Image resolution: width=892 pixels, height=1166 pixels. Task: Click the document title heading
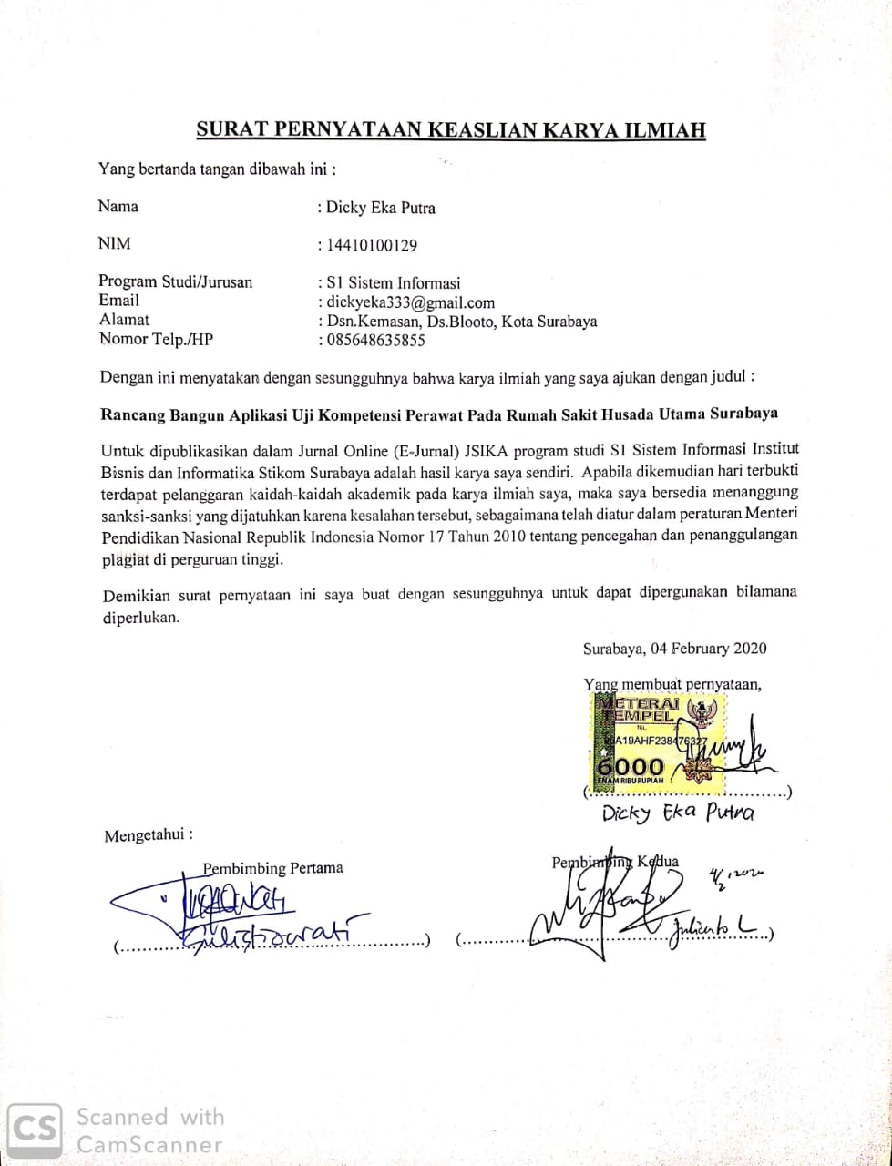(451, 129)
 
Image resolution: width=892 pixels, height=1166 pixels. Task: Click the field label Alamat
(124, 320)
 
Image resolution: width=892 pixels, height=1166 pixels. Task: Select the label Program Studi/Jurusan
(176, 281)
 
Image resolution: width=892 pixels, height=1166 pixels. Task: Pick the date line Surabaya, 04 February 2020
(674, 649)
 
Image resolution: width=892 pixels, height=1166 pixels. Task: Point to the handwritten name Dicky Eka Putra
(679, 813)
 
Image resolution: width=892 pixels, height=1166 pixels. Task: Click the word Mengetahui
(149, 835)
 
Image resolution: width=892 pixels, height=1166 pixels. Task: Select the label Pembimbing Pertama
(273, 868)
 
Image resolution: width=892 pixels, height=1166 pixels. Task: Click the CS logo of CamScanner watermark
(34, 1130)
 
